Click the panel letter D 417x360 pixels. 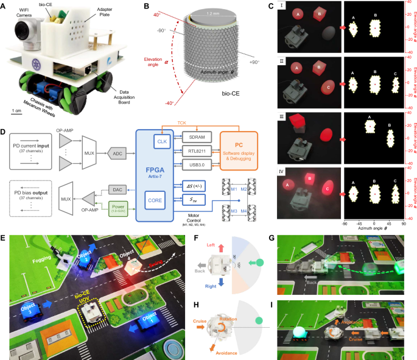pyautogui.click(x=5, y=131)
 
